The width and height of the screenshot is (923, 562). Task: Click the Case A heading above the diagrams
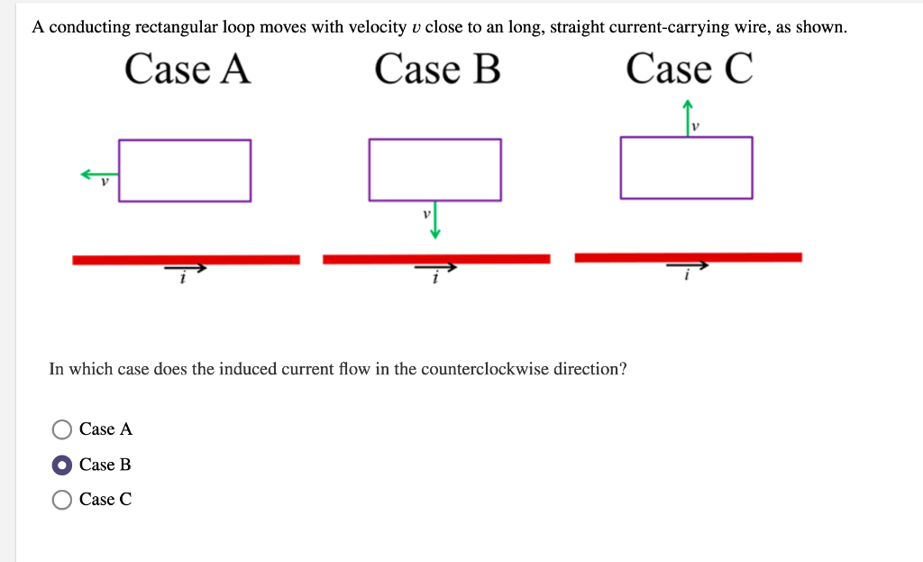click(187, 69)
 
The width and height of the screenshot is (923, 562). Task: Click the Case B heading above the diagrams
click(437, 69)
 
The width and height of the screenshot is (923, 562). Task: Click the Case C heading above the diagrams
click(689, 69)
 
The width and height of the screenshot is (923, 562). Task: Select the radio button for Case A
click(62, 429)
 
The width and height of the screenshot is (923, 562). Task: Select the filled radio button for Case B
click(62, 465)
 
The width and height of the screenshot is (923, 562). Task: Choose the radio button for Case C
click(62, 500)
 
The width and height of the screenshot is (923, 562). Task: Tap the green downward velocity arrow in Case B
click(435, 220)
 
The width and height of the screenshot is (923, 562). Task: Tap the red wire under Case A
click(186, 260)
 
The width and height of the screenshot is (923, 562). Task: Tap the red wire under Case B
click(436, 259)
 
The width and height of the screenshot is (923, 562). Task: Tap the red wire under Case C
click(688, 257)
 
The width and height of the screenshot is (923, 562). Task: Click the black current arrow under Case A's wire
click(185, 268)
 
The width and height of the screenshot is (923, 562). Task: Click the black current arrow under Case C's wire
click(688, 266)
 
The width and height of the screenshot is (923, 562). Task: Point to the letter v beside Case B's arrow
click(425, 216)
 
